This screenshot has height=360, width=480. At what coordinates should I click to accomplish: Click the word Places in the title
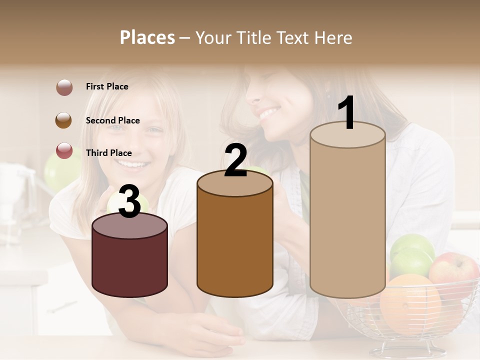147,37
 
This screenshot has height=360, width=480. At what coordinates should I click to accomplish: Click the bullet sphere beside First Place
64,87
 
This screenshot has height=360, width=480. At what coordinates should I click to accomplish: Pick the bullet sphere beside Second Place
64,120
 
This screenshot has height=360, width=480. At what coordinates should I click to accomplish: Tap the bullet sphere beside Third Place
64,150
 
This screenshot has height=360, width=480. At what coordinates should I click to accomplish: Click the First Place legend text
107,86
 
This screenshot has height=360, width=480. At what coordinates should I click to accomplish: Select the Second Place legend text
112,120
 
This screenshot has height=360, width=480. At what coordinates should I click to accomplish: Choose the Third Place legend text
108,153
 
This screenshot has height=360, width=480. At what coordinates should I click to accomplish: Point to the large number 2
236,160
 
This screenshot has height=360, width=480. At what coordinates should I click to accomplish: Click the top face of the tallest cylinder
347,135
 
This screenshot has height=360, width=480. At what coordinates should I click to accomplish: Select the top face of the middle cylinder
235,184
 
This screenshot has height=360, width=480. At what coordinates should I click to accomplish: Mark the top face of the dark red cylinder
130,226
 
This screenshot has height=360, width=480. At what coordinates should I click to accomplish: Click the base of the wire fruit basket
407,348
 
